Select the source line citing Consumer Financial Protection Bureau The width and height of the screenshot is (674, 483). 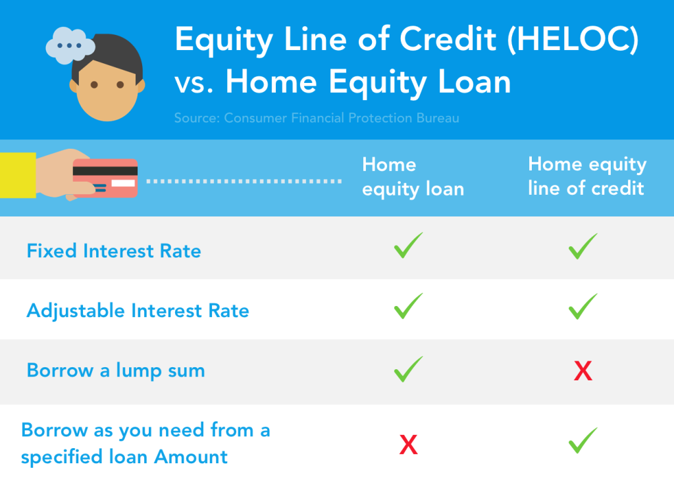pyautogui.click(x=317, y=118)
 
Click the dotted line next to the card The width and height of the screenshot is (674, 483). pyautogui.click(x=244, y=180)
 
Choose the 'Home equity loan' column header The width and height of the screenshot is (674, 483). pyautogui.click(x=413, y=177)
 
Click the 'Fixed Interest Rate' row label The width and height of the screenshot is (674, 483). pyautogui.click(x=114, y=251)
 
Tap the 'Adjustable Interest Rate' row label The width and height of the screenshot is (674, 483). pyautogui.click(x=138, y=311)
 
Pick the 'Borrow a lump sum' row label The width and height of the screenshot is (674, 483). pyautogui.click(x=116, y=370)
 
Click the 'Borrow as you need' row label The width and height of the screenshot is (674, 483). pyautogui.click(x=145, y=444)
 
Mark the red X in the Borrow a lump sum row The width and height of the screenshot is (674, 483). pyautogui.click(x=583, y=372)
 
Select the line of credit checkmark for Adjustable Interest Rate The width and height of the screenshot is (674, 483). pyautogui.click(x=583, y=307)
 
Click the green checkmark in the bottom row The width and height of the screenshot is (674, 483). pyautogui.click(x=583, y=440)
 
